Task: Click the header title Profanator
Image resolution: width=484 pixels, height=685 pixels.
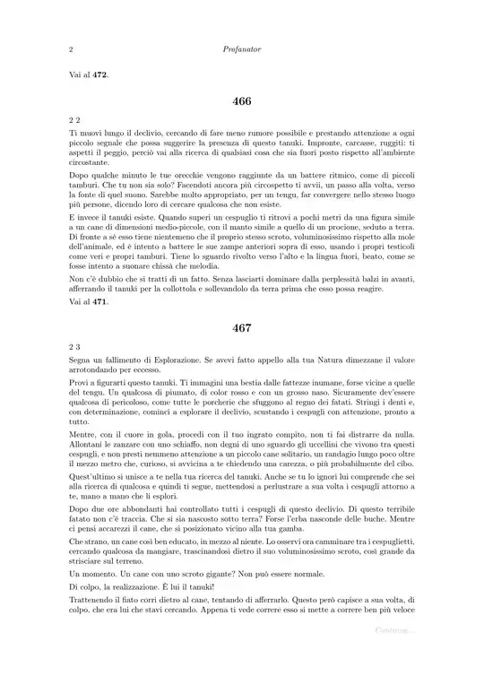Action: click(x=241, y=51)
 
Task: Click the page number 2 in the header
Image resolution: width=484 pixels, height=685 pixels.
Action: click(x=70, y=51)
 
